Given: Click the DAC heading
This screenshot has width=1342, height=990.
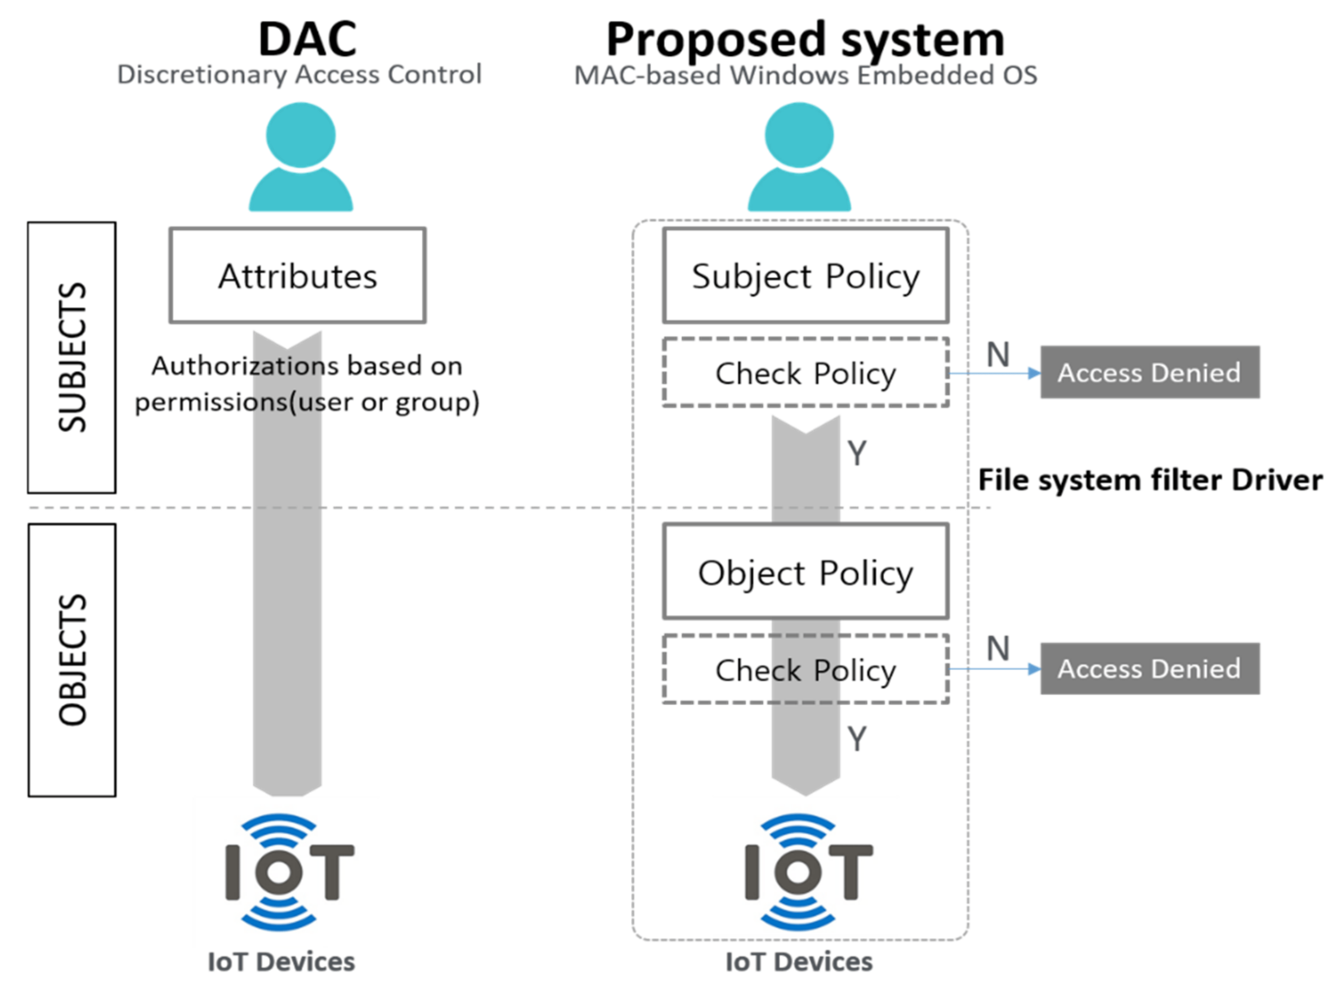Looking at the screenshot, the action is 307,39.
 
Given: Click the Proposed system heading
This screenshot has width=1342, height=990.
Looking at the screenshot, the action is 805,40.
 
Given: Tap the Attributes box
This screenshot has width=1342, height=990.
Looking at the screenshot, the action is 298,276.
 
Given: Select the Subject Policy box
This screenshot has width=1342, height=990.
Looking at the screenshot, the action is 806,276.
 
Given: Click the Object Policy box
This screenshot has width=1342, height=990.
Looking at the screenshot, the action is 806,572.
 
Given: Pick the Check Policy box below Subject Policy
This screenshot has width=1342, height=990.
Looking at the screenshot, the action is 806,373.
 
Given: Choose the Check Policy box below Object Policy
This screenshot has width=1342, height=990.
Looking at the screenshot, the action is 806,669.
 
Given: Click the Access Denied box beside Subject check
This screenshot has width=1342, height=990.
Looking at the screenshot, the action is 1150,372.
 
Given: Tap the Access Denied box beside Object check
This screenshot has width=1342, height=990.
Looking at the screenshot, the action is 1150,669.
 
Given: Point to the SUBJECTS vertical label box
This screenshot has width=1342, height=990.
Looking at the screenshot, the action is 72,358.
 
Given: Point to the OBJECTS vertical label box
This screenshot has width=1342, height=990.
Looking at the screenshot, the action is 72,660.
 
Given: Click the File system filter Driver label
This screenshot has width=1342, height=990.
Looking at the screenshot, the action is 1150,480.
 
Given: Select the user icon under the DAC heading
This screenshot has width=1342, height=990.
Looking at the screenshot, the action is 301,156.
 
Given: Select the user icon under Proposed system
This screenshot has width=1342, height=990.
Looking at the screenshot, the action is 799,156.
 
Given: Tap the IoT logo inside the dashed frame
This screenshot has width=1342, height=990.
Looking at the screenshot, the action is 809,872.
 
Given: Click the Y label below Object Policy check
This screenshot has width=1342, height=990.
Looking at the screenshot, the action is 857,738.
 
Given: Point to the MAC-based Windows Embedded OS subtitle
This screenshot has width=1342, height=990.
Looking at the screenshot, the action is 806,76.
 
